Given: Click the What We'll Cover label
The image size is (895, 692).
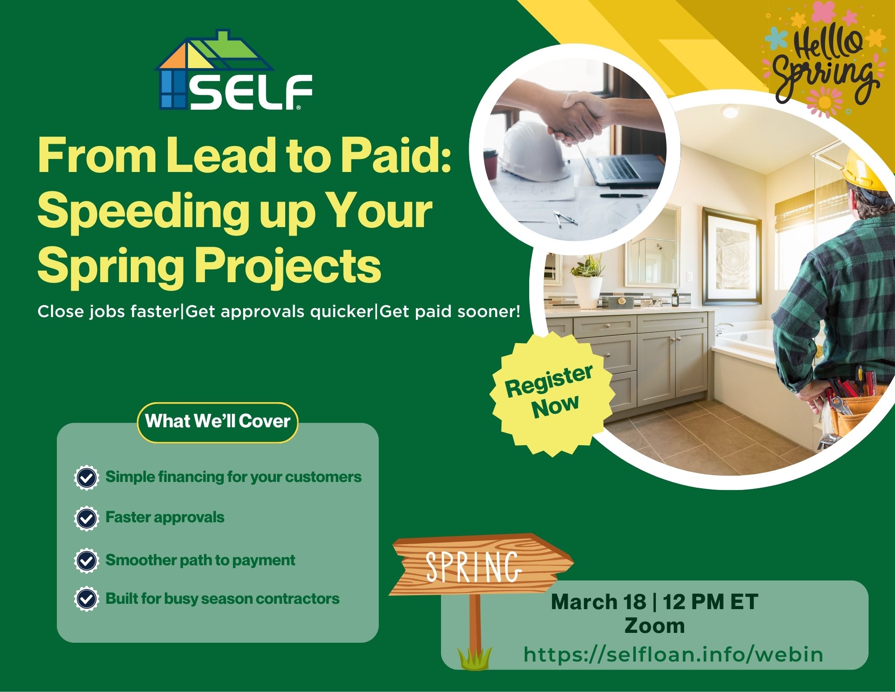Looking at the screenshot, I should pyautogui.click(x=218, y=421).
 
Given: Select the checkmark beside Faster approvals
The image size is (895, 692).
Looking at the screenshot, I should pyautogui.click(x=86, y=518).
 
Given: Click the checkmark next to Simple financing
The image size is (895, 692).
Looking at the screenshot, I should pyautogui.click(x=86, y=477).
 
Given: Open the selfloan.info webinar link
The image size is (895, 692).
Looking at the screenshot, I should pyautogui.click(x=673, y=655).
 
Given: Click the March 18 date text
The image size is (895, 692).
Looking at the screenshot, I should pyautogui.click(x=598, y=602).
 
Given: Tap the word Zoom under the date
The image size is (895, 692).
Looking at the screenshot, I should pyautogui.click(x=654, y=626).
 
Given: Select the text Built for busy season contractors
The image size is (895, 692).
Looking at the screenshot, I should pyautogui.click(x=222, y=599).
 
